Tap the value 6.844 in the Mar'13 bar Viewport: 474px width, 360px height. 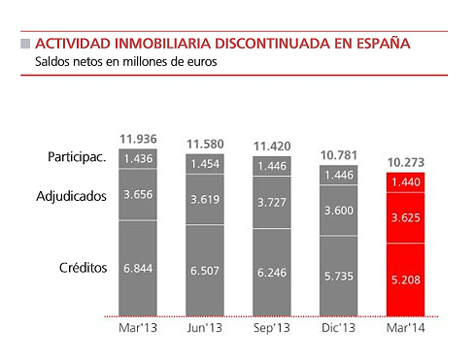138,267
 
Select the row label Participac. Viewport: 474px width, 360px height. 77,158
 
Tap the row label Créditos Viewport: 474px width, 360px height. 81,267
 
